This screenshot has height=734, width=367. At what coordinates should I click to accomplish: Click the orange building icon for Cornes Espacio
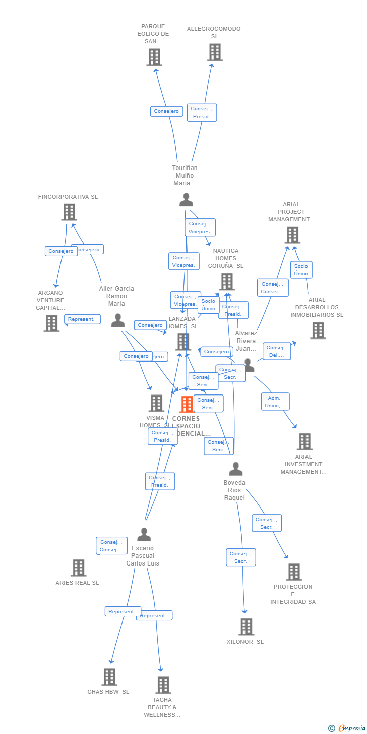click(x=187, y=404)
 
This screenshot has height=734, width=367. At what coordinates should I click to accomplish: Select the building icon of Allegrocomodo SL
click(x=215, y=52)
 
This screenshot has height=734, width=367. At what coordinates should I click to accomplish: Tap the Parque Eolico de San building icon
click(x=154, y=57)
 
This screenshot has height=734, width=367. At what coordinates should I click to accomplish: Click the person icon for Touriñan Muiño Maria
click(x=186, y=200)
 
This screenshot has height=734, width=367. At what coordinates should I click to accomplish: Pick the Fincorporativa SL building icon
click(x=69, y=212)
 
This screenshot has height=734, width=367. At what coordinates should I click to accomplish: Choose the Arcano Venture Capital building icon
click(x=51, y=323)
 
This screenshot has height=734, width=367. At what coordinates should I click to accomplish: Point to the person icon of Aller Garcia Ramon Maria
click(x=118, y=320)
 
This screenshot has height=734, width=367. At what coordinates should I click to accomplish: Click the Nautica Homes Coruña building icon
click(x=227, y=281)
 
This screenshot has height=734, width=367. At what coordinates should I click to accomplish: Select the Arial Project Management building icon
click(x=292, y=235)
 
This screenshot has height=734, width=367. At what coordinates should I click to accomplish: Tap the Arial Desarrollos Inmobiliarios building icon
click(x=318, y=330)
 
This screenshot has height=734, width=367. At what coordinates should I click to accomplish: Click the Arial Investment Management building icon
click(x=304, y=441)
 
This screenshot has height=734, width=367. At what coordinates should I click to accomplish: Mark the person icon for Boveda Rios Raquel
click(x=235, y=469)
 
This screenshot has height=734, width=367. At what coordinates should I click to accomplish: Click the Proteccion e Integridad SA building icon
click(x=294, y=572)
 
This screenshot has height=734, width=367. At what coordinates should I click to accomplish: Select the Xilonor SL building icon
click(x=246, y=627)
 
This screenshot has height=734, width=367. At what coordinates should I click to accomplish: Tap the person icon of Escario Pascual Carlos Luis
click(x=144, y=534)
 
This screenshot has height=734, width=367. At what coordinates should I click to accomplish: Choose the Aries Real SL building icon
click(x=78, y=568)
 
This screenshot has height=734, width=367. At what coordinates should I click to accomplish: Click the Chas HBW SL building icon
click(x=109, y=677)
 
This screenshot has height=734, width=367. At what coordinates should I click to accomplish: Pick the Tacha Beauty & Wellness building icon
click(x=163, y=685)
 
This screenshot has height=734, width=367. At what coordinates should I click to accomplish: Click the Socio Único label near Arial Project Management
click(x=301, y=270)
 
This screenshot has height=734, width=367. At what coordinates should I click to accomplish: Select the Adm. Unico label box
click(x=275, y=402)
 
